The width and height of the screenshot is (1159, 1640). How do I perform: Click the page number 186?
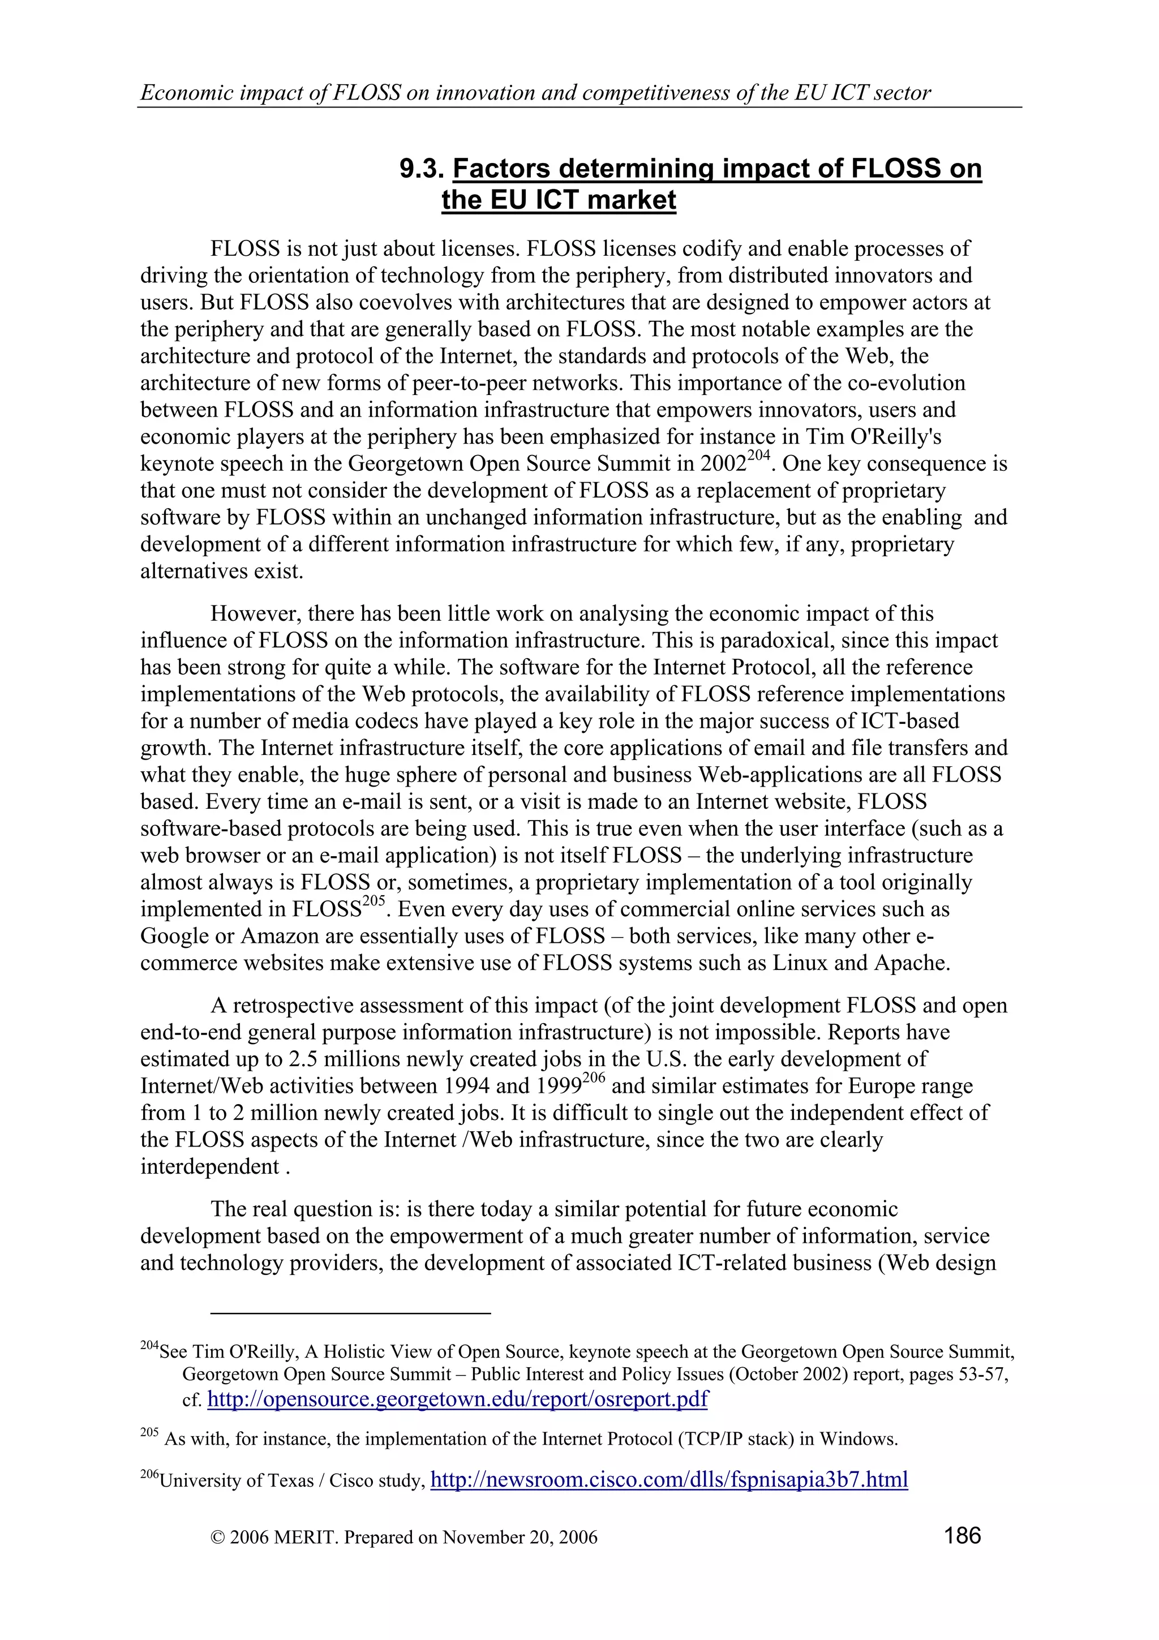[962, 1534]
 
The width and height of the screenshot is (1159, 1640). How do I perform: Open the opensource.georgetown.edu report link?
[457, 1398]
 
